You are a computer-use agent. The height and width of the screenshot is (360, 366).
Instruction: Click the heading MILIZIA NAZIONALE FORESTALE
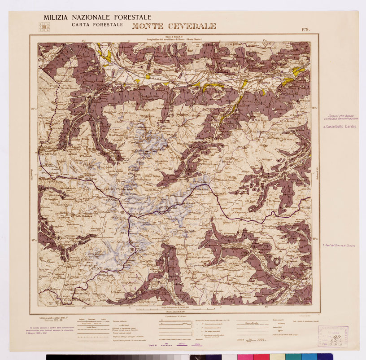click(x=97, y=18)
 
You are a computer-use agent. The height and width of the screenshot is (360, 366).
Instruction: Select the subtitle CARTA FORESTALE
click(x=97, y=25)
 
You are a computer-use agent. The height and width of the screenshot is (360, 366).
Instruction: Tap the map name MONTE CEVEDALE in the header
click(x=174, y=26)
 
